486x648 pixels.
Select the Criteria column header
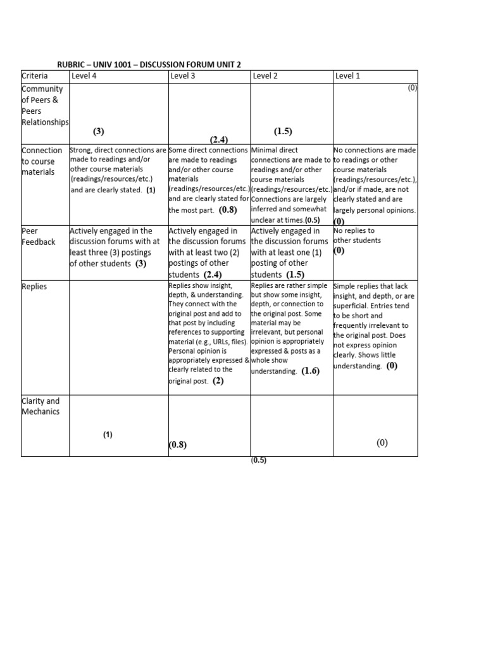tap(35, 77)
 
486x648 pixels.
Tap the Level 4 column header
tap(84, 77)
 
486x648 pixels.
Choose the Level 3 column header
tap(183, 77)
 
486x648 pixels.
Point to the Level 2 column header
tap(266, 77)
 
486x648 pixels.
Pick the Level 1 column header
tap(347, 77)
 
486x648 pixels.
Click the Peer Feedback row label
tap(39, 237)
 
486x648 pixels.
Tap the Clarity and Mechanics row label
tap(40, 406)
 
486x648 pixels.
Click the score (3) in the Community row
tap(98, 132)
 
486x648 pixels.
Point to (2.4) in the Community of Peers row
tap(219, 139)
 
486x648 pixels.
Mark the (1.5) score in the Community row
tap(283, 132)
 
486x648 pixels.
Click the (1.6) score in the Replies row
tap(310, 371)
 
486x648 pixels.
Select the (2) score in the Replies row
tap(218, 381)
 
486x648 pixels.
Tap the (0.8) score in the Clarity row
tap(178, 445)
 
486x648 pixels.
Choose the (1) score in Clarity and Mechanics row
tap(108, 435)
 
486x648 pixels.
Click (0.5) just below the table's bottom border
tap(259, 461)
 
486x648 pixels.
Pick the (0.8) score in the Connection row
tap(228, 209)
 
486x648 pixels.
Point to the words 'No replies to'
tap(354, 231)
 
